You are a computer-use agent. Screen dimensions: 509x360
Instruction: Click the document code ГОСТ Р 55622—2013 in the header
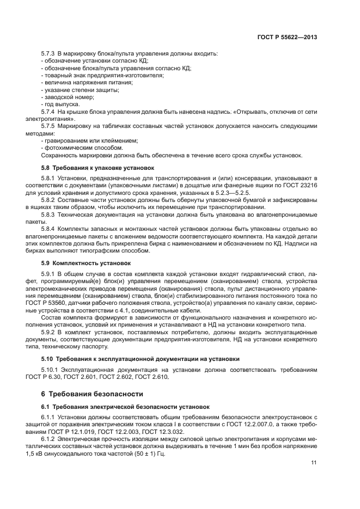[x=287, y=37]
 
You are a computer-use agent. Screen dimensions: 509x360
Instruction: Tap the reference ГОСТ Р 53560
[x=63, y=302]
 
